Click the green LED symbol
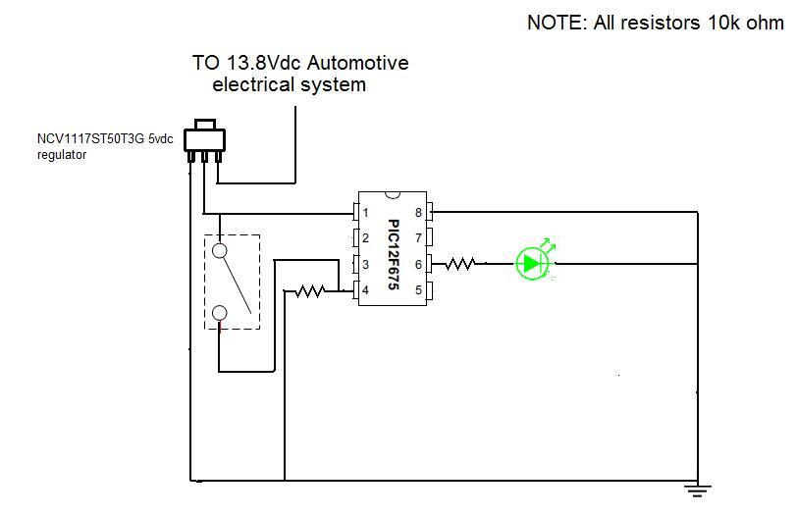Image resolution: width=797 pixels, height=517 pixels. pos(533,263)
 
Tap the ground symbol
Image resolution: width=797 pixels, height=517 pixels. pos(697,491)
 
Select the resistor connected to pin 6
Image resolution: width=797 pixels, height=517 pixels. pos(460,264)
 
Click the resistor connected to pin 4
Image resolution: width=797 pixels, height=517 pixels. pos(310,291)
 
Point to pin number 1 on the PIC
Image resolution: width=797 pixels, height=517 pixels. pos(365,212)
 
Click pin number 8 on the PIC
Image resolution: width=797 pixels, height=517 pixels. pos(418,212)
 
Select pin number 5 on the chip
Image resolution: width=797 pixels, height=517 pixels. pos(418,290)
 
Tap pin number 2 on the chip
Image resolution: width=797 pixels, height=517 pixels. pos(365,237)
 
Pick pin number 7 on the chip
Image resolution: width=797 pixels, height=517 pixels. pos(418,237)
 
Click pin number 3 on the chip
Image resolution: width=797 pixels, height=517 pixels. pos(365,264)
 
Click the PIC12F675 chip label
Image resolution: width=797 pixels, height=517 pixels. pos(393,254)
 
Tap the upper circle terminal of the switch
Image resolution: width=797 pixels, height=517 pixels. pos(219,250)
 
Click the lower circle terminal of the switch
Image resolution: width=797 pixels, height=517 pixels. pos(219,313)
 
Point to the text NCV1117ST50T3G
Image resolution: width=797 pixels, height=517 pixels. pos(90,139)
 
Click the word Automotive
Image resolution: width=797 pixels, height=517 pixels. pos(358,63)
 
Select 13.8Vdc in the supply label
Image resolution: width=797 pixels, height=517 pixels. pos(263,63)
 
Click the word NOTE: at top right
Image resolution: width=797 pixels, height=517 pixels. pos(558,23)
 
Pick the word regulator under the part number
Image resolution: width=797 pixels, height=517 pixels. pos(62,155)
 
